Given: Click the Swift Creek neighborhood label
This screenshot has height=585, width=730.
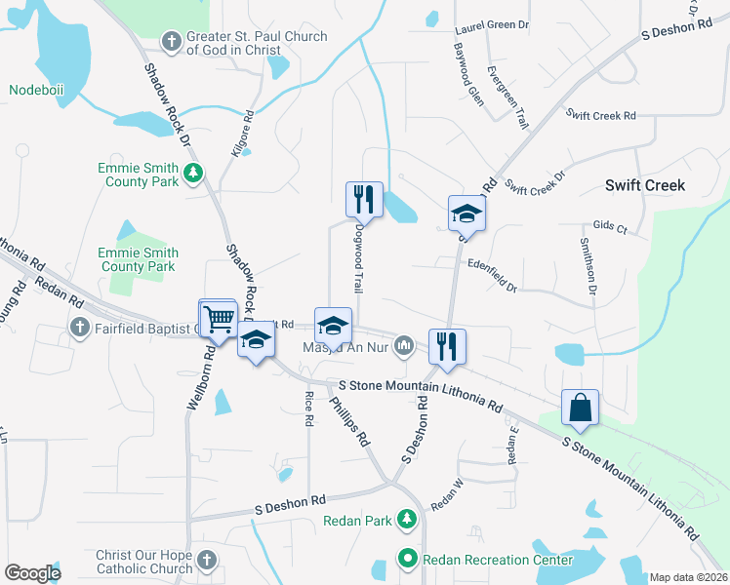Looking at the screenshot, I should point(645,185).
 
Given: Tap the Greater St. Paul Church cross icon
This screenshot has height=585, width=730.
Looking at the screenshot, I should point(172,41).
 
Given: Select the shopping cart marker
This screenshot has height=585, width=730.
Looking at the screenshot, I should point(219,317).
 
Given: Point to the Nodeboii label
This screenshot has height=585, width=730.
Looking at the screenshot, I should point(35,91).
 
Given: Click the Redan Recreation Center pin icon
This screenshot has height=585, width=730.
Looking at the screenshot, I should point(409,559).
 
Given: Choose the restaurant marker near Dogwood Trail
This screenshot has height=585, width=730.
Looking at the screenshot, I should point(364,199).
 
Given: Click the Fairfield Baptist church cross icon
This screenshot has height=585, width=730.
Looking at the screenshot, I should point(79,329).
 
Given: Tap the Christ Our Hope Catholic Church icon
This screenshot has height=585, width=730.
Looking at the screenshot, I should point(206,561).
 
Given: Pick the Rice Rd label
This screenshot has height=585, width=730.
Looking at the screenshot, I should point(309,409).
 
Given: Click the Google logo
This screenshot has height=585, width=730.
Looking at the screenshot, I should point(32,573).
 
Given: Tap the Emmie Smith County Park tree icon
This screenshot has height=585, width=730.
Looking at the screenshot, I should point(193,174).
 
